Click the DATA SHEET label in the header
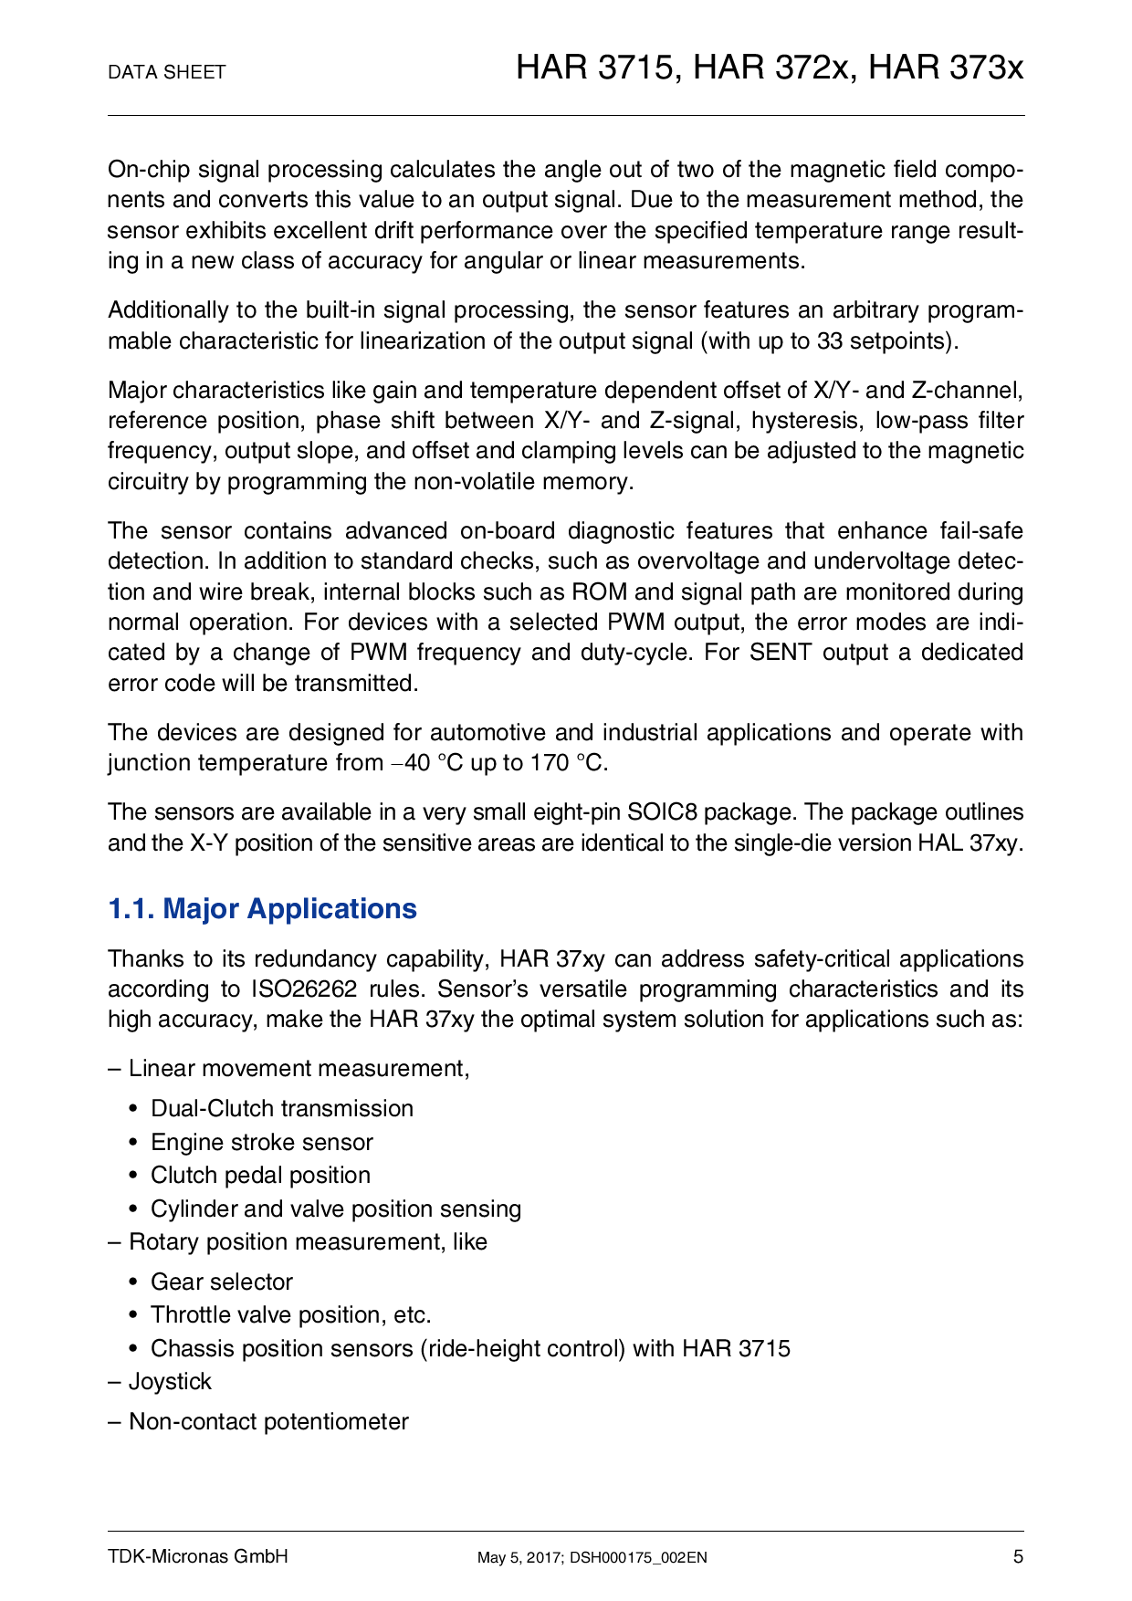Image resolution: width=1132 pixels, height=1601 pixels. coord(166,72)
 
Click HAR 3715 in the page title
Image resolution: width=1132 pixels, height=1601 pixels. coord(596,68)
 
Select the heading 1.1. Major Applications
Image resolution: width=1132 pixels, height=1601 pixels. coord(262,909)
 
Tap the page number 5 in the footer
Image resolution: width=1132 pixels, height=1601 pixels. coord(1018,1557)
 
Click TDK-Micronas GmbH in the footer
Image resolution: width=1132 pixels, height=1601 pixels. coord(198,1557)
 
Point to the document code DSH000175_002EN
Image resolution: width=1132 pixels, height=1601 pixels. coord(638,1558)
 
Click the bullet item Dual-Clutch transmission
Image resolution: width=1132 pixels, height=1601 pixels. coord(281,1108)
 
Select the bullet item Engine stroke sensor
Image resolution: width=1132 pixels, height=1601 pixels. coord(261,1142)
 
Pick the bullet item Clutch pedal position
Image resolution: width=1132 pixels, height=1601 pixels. coord(260,1175)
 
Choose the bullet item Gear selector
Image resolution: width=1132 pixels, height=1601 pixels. coord(221,1282)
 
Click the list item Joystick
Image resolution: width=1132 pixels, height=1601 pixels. coord(170,1381)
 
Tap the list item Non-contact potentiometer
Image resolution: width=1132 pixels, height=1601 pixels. coord(268,1421)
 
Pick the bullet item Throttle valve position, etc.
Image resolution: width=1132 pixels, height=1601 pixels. coord(290,1314)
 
